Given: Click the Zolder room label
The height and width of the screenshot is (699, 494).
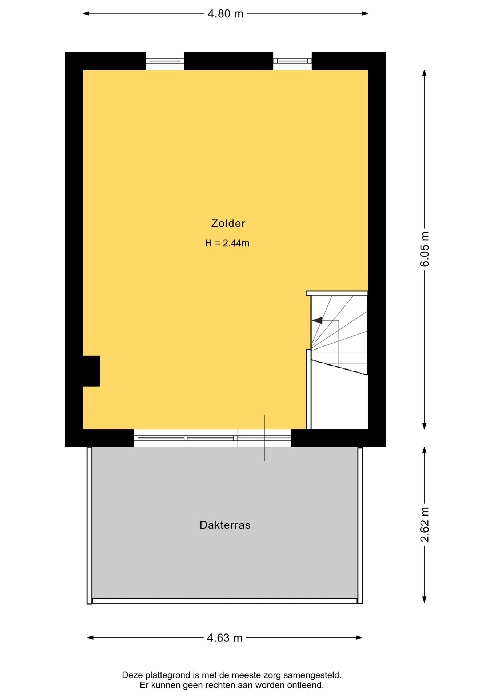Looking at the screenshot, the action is pos(228,223).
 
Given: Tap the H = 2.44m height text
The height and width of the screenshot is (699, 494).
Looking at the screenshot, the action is pos(227,243).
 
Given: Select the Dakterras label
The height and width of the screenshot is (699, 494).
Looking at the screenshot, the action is pos(225,525).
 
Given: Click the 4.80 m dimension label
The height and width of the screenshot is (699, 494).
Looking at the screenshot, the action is pos(225,14).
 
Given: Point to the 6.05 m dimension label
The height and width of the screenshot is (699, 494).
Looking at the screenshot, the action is pos(425,249).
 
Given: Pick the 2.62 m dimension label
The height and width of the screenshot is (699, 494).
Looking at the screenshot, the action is pos(425,525).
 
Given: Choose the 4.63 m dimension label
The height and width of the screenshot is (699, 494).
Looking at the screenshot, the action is pos(224,638).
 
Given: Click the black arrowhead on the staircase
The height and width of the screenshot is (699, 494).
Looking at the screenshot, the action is pos(317,320).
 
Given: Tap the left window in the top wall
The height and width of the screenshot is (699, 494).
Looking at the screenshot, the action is pos(165,61).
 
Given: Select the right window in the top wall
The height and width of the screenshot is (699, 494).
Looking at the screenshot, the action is pos(292,61).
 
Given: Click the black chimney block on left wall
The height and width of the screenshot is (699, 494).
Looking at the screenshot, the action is pos(91,371).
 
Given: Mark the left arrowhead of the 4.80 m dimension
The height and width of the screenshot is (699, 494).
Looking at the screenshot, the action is pos(86,14).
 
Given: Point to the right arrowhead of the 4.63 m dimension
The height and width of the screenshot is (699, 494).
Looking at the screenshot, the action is pos(359,637).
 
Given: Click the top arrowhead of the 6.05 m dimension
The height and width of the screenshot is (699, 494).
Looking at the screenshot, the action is pos(424,73).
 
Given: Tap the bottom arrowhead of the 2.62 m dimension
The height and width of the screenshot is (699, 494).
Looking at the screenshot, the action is pos(424,600).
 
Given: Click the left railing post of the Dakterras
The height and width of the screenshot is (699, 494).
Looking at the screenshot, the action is pos(89,525).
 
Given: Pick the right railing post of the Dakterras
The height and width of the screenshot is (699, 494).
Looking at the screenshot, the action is pos(360,525).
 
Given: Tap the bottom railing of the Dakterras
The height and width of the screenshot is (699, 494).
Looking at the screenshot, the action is pos(225,601).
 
